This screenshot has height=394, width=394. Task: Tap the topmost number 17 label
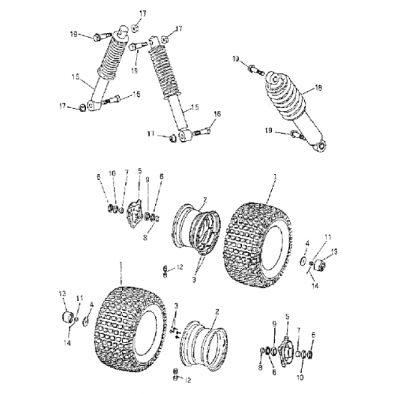143,13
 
